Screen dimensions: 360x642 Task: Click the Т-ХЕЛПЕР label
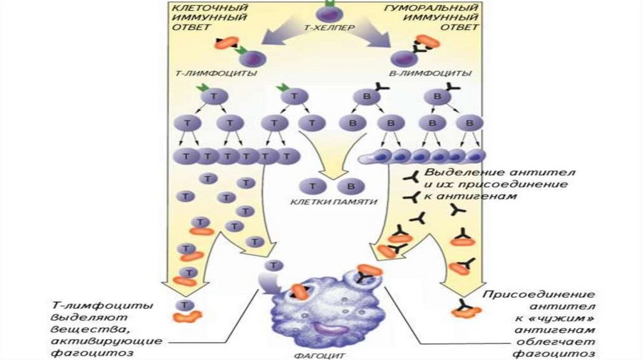pos(325,29)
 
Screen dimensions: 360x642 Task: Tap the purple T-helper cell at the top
pos(325,13)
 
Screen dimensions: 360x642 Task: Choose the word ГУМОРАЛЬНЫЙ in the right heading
pos(433,7)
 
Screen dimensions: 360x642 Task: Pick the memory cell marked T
pos(308,186)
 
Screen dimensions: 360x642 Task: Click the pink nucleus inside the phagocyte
pos(328,327)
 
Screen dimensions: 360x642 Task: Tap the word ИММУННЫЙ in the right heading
pos(446,17)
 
